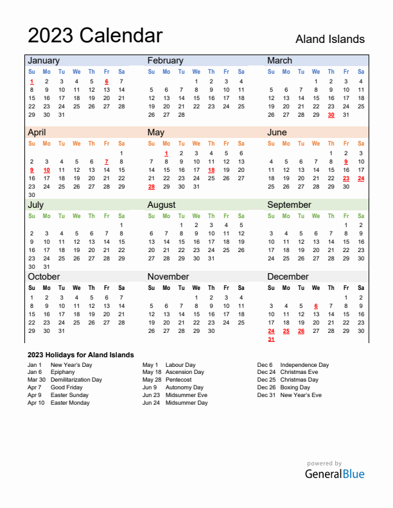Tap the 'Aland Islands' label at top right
coord(329,39)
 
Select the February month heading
coord(165,60)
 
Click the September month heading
coord(289,205)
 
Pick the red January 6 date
coord(106,81)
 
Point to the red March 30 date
coord(331,115)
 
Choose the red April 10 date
coord(46,170)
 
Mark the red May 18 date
coord(211,170)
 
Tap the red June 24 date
coord(361,178)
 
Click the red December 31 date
coord(271,339)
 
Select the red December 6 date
coord(316,306)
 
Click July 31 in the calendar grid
coord(46,267)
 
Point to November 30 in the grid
coord(211,331)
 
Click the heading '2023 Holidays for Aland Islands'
coord(81,355)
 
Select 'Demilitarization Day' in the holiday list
coord(76,380)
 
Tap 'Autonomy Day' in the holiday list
coord(184,387)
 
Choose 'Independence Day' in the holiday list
coord(304,364)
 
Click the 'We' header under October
coord(76,288)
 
